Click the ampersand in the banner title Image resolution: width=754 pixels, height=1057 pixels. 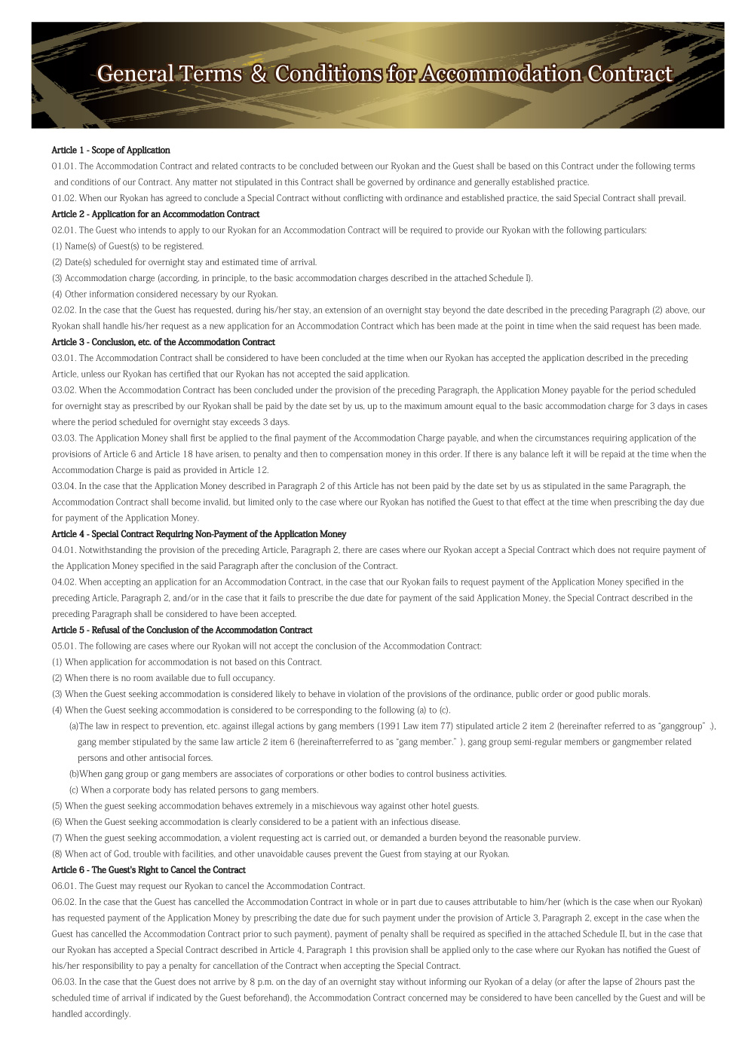(x=259, y=74)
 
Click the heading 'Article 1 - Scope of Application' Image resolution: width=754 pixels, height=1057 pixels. (x=111, y=150)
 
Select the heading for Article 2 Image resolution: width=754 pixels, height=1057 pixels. (x=155, y=214)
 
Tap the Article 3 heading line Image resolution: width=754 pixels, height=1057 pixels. (x=163, y=342)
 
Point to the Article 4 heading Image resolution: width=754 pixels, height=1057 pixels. (x=198, y=534)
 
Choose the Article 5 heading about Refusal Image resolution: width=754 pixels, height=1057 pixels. (x=182, y=630)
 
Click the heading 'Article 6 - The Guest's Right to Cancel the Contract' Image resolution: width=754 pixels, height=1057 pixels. (x=149, y=870)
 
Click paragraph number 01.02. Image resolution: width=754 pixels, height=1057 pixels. (x=63, y=198)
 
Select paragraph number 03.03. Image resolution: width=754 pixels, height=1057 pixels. (x=63, y=438)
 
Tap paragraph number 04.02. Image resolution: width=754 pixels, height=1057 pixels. (x=63, y=582)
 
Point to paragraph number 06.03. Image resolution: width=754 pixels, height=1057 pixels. (x=63, y=982)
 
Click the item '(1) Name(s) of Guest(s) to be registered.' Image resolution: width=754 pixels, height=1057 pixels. (x=127, y=246)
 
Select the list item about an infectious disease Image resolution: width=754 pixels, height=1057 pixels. (x=256, y=822)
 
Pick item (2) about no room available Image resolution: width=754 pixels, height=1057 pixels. (x=163, y=678)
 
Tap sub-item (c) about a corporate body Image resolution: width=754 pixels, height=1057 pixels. (x=194, y=790)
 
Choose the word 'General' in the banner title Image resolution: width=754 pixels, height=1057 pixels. (x=135, y=74)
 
